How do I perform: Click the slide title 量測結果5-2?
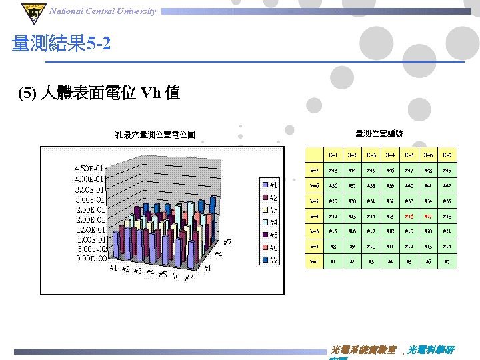click(x=61, y=45)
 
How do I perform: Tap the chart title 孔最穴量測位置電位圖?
click(x=155, y=135)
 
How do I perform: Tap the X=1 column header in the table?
click(x=333, y=155)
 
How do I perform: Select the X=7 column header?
click(x=449, y=155)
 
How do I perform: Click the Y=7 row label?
click(x=313, y=171)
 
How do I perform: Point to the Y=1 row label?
click(x=313, y=262)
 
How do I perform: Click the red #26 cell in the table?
click(x=410, y=216)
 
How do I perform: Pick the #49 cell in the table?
click(x=449, y=171)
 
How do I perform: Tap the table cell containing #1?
click(x=333, y=262)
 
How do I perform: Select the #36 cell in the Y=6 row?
click(x=333, y=186)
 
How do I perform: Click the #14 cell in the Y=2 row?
click(x=449, y=247)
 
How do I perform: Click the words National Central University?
click(x=103, y=11)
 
